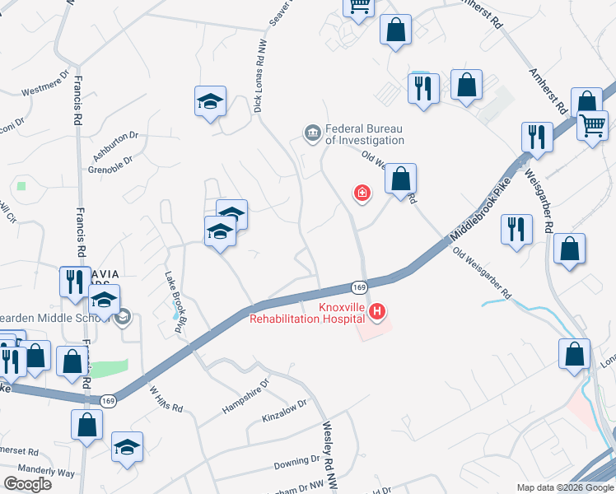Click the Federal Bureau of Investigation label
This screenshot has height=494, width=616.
365,134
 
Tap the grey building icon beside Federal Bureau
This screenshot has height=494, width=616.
312,133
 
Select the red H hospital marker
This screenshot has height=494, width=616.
377,311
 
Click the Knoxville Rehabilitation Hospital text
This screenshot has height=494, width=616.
308,314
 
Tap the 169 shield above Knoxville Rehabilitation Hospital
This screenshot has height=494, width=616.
358,287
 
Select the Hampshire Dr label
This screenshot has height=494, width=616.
245,396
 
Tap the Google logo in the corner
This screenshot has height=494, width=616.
27,484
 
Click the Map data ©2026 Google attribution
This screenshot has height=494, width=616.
564,487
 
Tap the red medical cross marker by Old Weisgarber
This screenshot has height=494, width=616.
361,193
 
